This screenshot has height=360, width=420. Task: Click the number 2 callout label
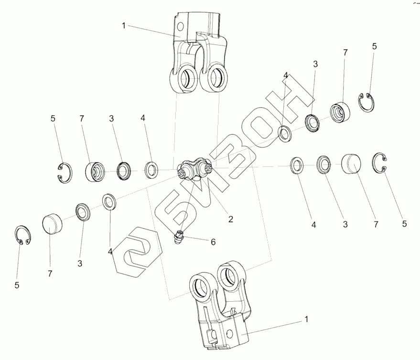click(231, 219)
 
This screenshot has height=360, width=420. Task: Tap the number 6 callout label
click(213, 242)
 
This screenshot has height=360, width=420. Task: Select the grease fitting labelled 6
click(178, 237)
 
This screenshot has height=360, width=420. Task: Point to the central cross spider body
click(194, 169)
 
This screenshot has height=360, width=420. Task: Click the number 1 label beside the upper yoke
click(123, 26)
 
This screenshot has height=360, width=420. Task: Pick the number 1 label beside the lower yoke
click(306, 319)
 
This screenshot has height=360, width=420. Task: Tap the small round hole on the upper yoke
click(181, 26)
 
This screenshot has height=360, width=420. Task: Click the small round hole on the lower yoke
click(229, 334)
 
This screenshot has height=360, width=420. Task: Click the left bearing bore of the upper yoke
click(184, 79)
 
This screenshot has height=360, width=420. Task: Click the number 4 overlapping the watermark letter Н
click(286, 76)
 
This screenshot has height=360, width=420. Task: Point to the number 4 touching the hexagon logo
click(110, 251)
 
